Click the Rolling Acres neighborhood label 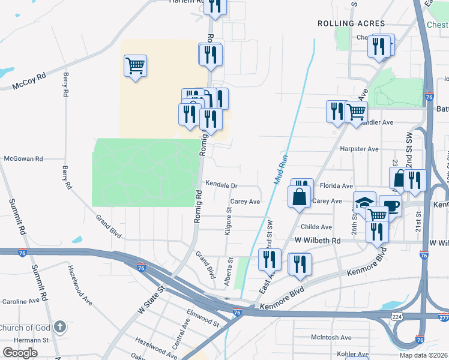pos(351,23)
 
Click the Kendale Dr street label pos(221,185)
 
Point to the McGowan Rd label pos(23,159)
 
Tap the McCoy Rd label pos(29,82)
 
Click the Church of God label pos(25,328)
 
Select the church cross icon pos(59,327)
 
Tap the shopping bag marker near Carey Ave pos(299,196)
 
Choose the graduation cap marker pos(364,202)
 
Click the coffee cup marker pos(390,205)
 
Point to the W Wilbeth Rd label pos(318,241)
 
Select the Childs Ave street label pos(316,227)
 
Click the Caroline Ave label pos(22,301)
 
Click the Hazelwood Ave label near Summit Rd pos(79,284)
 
